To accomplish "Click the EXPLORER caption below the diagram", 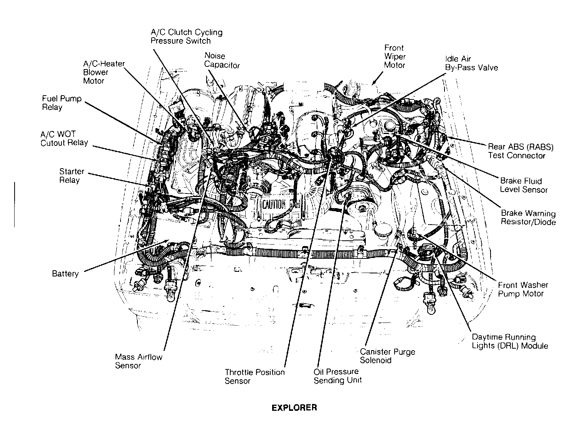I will [x=294, y=408].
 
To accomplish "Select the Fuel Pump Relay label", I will [x=61, y=103].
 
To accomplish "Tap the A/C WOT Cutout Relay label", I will [x=64, y=139].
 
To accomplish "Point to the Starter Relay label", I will [x=71, y=176].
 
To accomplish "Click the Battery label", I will [x=65, y=274].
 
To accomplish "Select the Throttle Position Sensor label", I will [x=254, y=377].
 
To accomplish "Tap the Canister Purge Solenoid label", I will [x=387, y=356].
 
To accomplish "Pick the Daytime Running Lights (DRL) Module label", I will [x=509, y=341].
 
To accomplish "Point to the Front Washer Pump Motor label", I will [x=523, y=289].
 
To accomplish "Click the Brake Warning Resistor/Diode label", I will [x=528, y=218].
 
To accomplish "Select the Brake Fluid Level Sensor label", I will [x=524, y=185].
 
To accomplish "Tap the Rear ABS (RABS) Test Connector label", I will [x=520, y=151].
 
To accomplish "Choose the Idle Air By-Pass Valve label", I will [x=471, y=63].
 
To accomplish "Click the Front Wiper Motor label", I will [x=394, y=56].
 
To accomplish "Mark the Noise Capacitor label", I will [x=221, y=61].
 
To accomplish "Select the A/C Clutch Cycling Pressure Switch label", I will [x=186, y=36].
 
